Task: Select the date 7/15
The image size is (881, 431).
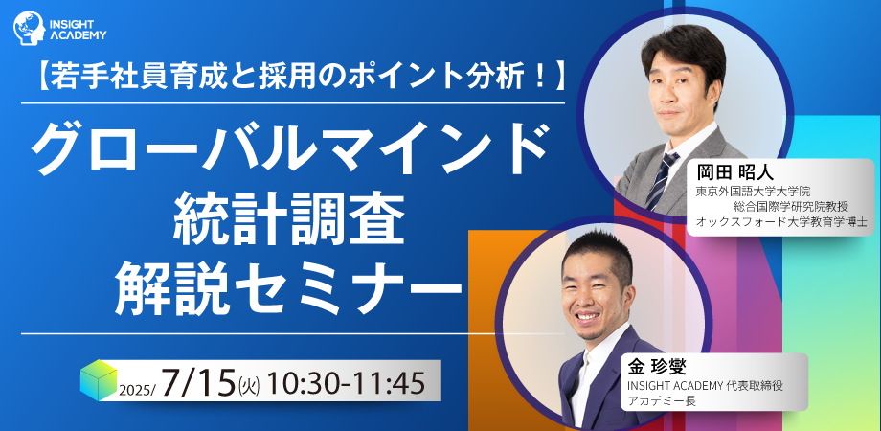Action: pyautogui.click(x=197, y=384)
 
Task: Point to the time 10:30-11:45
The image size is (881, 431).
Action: pyautogui.click(x=346, y=384)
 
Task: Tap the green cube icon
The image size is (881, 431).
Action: pyautogui.click(x=99, y=380)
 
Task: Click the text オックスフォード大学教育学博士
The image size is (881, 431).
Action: pyautogui.click(x=781, y=221)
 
